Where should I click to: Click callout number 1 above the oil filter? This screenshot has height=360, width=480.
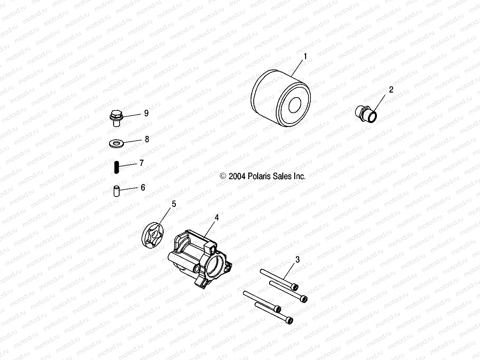305,57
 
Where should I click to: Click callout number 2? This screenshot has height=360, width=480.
391,90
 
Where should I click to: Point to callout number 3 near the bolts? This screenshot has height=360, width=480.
298,260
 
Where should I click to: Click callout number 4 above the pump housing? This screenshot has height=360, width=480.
217,218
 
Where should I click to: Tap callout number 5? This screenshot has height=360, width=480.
174,204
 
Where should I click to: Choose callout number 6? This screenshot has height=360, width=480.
143,187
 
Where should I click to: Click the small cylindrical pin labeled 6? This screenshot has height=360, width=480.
116,191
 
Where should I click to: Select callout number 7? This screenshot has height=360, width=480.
141,163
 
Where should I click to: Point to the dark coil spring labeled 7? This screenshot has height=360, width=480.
116,167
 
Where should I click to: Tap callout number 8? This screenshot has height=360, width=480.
147,139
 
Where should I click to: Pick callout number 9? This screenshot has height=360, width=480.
146,113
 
